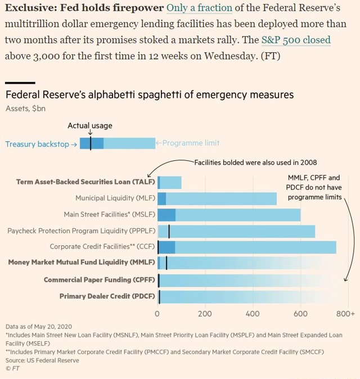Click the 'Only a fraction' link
199,8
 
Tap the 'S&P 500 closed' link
296,40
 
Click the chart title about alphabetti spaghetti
150,94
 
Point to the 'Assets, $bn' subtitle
25,109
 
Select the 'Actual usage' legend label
90,125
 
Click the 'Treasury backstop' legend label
37,144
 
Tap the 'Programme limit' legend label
191,143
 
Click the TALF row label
85,182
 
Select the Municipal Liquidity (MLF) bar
217,198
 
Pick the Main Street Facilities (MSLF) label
110,214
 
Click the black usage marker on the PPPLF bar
169,231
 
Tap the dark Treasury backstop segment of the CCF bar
166,247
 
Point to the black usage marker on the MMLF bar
166,263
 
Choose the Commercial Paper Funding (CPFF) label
100,279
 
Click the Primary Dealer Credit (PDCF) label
107,296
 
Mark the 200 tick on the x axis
205,314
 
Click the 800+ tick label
345,314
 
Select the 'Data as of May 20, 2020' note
39,327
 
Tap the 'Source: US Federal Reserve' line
42,360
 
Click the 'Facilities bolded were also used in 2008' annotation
255,163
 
